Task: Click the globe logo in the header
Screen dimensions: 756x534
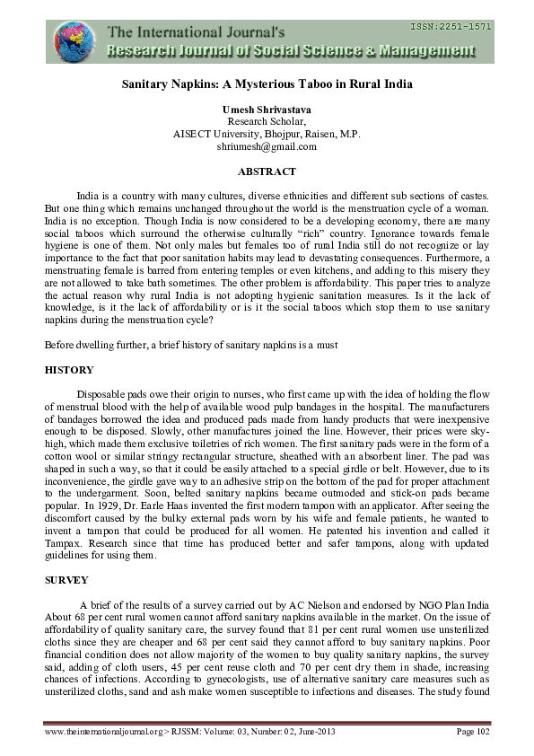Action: coord(74,40)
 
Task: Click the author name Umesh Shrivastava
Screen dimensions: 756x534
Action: coord(267,109)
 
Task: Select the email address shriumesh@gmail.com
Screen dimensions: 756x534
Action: coord(267,146)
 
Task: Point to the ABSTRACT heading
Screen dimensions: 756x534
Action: coord(267,171)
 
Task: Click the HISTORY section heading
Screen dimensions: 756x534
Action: coord(68,370)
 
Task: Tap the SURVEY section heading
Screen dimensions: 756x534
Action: coord(66,580)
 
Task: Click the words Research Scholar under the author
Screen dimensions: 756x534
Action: coord(267,121)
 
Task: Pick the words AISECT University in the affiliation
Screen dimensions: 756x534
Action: coord(215,134)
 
